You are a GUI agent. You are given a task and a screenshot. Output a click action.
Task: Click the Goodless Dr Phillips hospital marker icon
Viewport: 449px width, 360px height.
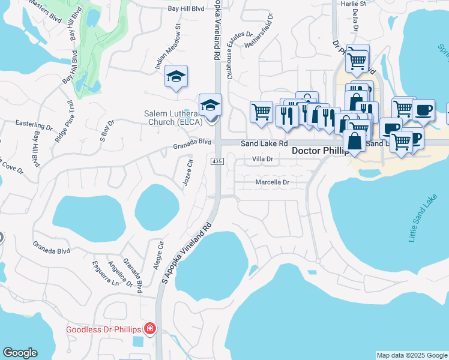click(x=149, y=329)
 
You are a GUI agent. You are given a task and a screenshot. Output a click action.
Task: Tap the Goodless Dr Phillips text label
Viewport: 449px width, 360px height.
click(x=103, y=329)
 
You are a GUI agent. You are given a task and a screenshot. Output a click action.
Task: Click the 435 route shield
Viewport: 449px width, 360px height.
click(x=217, y=161)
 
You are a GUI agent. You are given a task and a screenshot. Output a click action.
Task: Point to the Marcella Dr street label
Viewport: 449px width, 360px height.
click(x=273, y=182)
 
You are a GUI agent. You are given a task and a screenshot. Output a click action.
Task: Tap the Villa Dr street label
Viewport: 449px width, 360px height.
click(x=262, y=159)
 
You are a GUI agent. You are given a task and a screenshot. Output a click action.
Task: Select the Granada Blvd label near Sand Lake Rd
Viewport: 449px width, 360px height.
click(x=193, y=143)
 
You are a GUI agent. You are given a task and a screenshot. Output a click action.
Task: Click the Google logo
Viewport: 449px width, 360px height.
click(x=20, y=353)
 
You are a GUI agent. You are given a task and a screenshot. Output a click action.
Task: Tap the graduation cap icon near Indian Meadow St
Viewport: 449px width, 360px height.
click(x=176, y=76)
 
